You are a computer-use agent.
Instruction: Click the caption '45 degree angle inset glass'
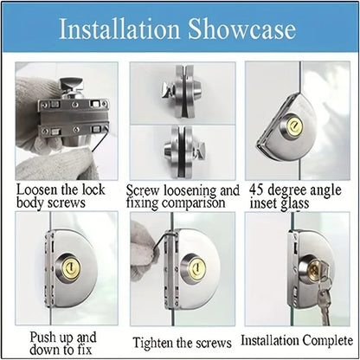tap(294, 196)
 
